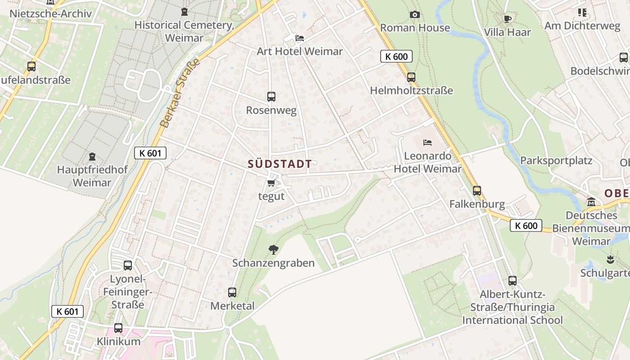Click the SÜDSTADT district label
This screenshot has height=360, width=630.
(279, 164)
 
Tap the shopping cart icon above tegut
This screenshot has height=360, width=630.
(271, 183)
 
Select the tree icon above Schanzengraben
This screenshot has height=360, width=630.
(273, 249)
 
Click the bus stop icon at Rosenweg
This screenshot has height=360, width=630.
(271, 96)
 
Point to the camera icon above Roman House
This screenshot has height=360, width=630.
(415, 15)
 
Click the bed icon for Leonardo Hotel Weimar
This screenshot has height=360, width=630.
(427, 143)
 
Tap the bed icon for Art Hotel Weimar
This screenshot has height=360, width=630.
(300, 38)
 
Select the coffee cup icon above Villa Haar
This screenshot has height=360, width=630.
(508, 19)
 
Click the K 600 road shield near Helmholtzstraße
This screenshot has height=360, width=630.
(396, 56)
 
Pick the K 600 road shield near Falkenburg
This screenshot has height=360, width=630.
(526, 225)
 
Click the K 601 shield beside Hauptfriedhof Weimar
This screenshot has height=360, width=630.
(150, 153)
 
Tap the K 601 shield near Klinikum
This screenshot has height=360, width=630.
(67, 311)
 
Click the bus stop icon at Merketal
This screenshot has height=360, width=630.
(232, 292)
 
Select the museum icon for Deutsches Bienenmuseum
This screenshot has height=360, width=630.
(591, 202)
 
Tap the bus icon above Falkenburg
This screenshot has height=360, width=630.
(477, 191)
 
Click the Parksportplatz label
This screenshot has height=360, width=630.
(556, 161)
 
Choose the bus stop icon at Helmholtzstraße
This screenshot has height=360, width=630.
(411, 77)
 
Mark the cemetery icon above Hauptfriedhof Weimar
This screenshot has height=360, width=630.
(92, 157)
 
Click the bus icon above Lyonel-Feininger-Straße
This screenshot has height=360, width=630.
(128, 265)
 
